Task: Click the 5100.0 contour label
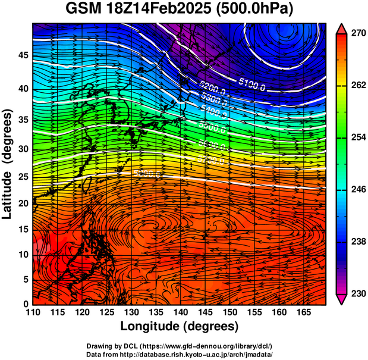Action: click(x=251, y=83)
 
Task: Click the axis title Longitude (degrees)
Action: click(x=180, y=326)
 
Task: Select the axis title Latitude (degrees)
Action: click(x=8, y=164)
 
